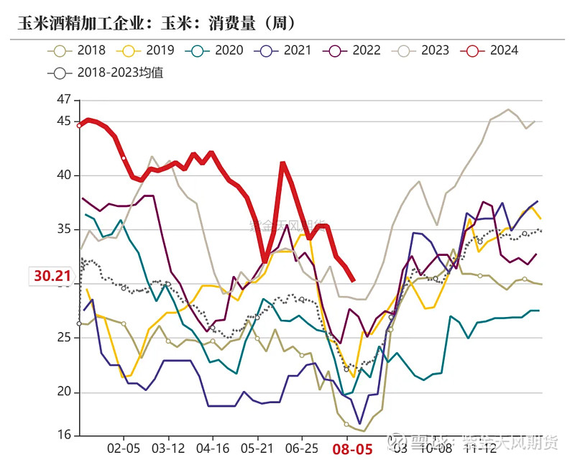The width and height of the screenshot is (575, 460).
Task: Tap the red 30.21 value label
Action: (x=52, y=276)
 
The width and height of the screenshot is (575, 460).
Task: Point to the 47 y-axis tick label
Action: (x=64, y=99)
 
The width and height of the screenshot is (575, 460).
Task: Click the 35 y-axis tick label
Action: (x=64, y=229)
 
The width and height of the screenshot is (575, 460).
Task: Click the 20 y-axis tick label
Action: (x=64, y=392)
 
